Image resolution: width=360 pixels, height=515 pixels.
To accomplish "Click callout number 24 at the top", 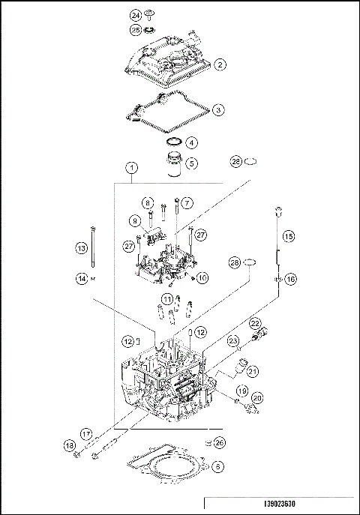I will click(136, 15).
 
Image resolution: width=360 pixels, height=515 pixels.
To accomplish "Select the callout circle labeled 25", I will click(136, 30).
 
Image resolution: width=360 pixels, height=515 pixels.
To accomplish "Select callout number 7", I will click(187, 202).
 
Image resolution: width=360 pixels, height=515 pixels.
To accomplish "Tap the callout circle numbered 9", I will click(135, 221).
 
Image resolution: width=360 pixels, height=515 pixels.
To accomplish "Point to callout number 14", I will click(82, 278).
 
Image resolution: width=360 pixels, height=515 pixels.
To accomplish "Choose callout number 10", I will click(202, 277).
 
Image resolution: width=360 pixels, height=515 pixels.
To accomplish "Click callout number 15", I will click(289, 235).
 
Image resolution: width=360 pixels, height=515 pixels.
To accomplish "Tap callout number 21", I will click(252, 370).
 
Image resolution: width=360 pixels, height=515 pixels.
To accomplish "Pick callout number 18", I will click(70, 447).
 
